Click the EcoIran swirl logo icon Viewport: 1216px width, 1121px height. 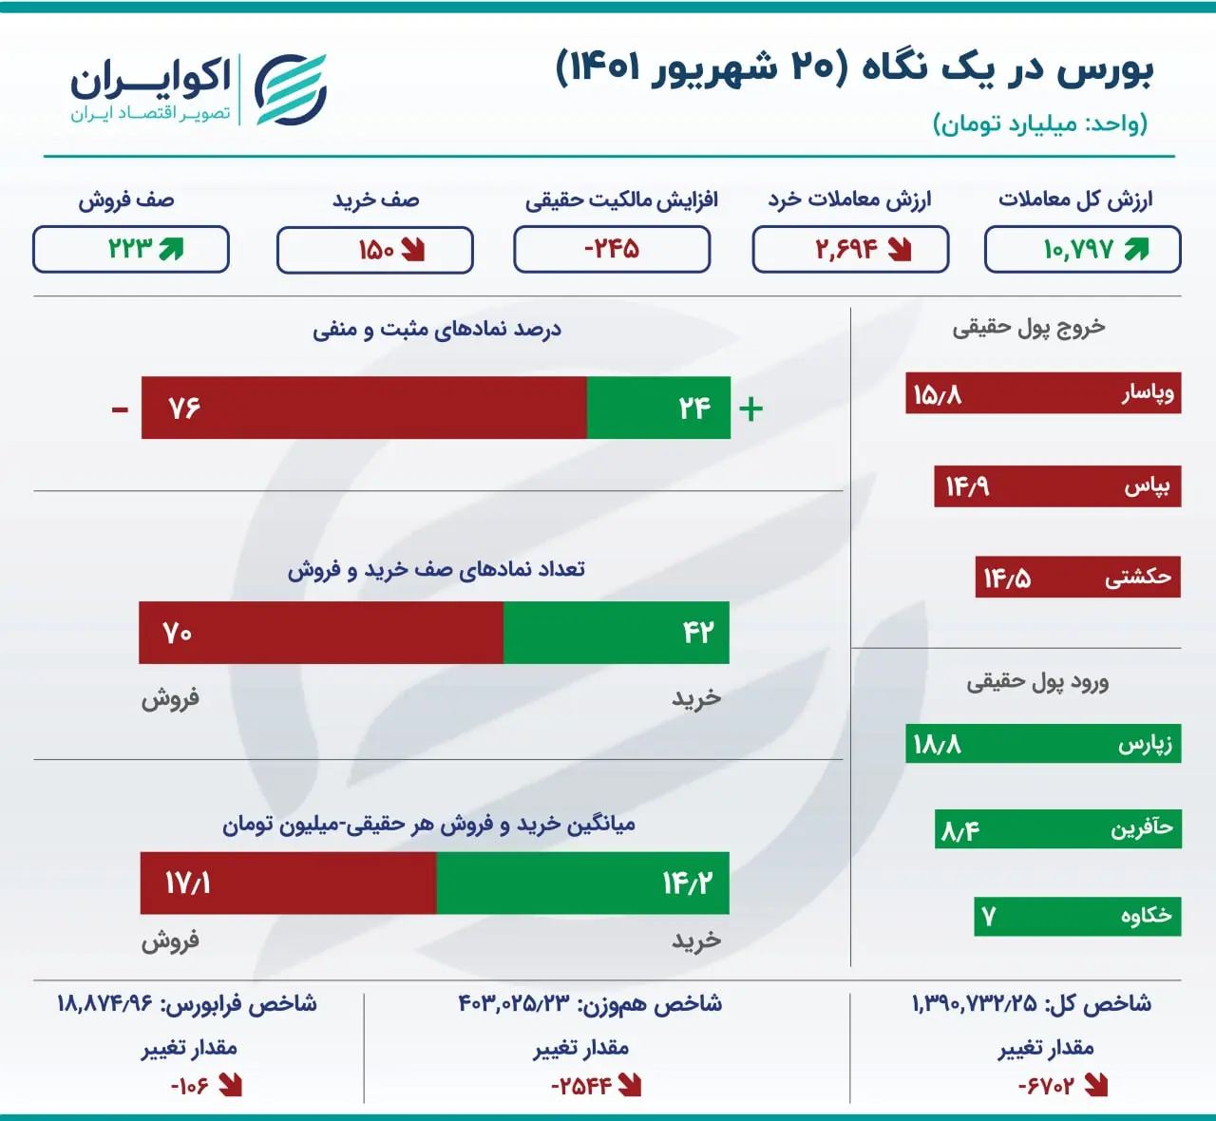tap(291, 89)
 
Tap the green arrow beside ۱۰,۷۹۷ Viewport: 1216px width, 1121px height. tap(1136, 249)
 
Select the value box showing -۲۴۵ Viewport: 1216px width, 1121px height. tap(612, 249)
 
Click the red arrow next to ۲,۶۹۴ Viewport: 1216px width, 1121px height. tap(900, 249)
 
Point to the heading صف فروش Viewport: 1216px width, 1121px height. tap(126, 200)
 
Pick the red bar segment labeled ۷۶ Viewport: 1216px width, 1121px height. tap(364, 408)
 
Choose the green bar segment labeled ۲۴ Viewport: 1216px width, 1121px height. tap(658, 408)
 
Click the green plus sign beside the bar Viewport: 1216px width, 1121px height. tap(750, 409)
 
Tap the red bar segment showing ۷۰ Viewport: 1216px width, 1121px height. tap(321, 632)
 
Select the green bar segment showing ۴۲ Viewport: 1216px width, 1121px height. tap(616, 632)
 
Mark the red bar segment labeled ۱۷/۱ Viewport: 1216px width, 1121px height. tap(289, 883)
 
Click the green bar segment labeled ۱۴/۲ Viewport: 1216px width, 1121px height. tap(583, 883)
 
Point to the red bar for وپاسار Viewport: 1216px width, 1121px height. tap(1043, 392)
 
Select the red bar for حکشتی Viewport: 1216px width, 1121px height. tap(1078, 577)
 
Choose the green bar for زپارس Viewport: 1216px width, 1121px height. tap(1043, 744)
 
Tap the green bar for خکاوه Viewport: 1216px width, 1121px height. tap(1077, 917)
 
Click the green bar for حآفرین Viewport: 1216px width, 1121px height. tap(1058, 828)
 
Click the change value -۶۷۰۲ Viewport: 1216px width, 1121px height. tap(1046, 1086)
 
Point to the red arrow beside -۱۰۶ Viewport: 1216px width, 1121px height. tap(230, 1086)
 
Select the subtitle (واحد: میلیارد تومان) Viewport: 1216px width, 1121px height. tap(1040, 123)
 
